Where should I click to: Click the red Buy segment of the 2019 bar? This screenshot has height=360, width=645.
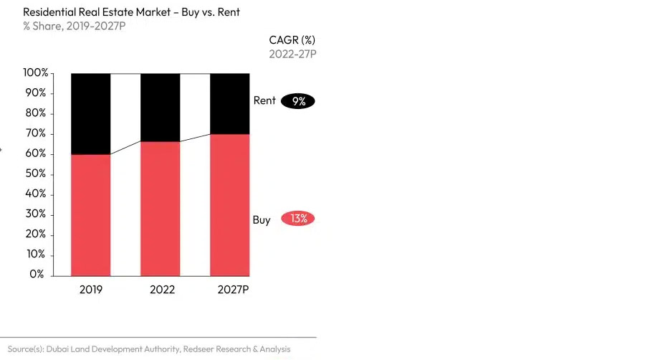(x=90, y=215)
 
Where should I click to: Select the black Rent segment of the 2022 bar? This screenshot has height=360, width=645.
(x=160, y=107)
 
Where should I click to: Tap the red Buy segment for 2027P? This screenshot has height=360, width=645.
(x=229, y=204)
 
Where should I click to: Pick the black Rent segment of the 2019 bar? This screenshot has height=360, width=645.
(x=90, y=113)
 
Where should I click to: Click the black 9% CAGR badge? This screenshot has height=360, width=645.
(x=298, y=101)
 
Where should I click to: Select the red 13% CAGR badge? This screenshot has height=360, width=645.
(x=298, y=219)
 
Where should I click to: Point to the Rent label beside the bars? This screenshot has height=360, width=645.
(x=264, y=100)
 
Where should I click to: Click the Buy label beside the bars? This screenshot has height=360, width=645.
(x=262, y=219)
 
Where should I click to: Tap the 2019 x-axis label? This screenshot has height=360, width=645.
(x=90, y=290)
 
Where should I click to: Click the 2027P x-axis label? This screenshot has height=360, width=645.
(x=233, y=290)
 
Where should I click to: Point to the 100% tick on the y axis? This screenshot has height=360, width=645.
(x=36, y=73)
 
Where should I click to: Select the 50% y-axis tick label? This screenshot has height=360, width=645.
(x=37, y=174)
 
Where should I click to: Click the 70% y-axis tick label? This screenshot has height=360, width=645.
(x=37, y=133)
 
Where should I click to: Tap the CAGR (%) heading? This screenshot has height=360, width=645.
(x=292, y=39)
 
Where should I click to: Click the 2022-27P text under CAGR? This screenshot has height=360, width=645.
(x=292, y=54)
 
